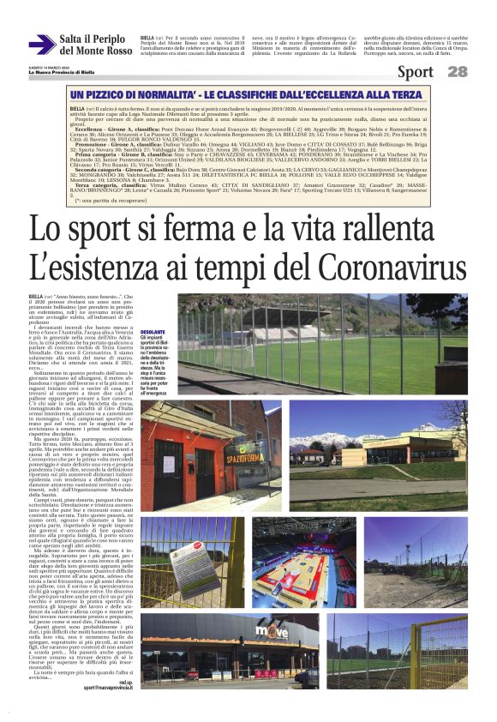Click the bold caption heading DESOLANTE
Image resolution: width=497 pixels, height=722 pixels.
point(153,331)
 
